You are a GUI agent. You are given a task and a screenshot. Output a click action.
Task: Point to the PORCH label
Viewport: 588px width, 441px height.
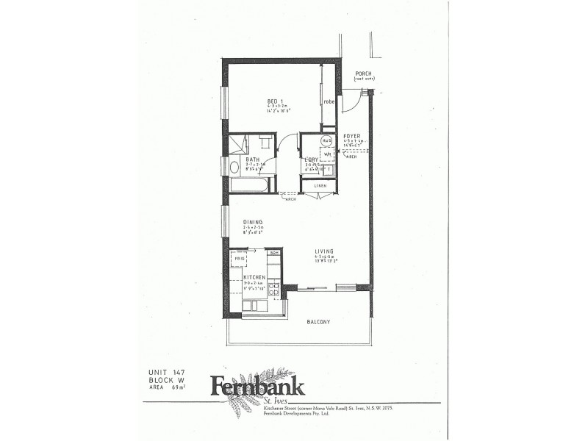point(363,73)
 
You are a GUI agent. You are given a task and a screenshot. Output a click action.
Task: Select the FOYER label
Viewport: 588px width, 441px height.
point(351,136)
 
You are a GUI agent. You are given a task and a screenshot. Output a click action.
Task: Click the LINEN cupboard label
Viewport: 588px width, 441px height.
point(320,185)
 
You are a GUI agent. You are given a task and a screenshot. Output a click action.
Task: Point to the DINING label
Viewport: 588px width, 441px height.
point(254,221)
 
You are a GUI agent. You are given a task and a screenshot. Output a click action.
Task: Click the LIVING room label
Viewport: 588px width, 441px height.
point(325,251)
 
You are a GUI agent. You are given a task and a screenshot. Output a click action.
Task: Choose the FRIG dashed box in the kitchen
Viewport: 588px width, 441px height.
point(240,259)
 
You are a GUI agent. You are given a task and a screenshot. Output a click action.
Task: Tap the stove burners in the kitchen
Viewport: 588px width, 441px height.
point(273,288)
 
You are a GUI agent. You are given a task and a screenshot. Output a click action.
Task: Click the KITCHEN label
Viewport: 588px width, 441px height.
point(254,277)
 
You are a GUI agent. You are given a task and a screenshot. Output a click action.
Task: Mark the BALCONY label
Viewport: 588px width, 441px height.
point(319,322)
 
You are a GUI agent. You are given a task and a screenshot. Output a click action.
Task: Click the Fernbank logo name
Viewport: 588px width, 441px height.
point(257,385)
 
